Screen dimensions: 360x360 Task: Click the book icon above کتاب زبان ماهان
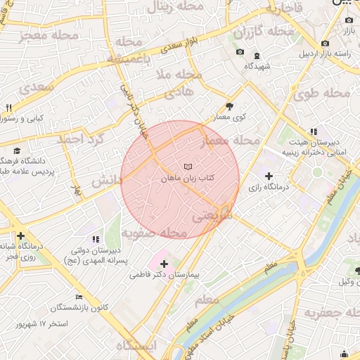pos(186,167)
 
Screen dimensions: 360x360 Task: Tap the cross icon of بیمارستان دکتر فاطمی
pos(165,263)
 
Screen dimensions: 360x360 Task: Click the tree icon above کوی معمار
pos(229,105)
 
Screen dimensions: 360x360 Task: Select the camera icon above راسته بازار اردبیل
pos(325,43)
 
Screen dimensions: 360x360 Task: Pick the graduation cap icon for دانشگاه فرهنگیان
pos(17,150)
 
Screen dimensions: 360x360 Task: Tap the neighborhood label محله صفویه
pos(154,232)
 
